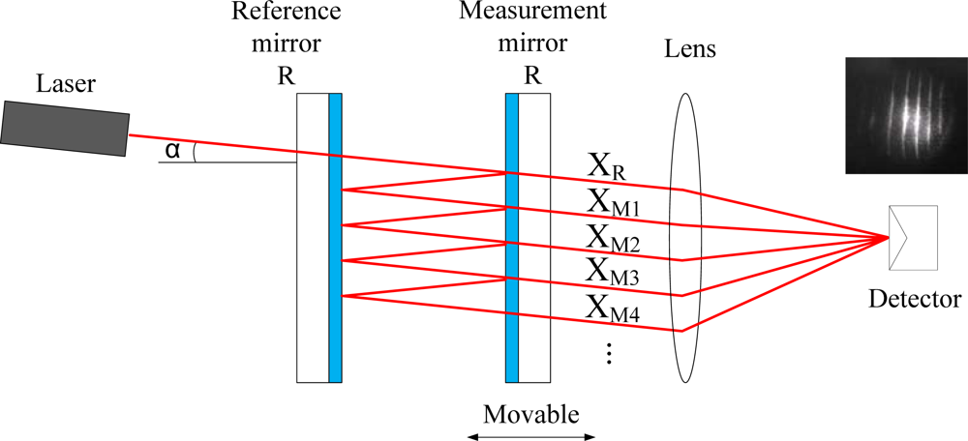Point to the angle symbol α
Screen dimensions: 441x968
[x=173, y=150]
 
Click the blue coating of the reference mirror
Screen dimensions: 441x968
[x=335, y=237]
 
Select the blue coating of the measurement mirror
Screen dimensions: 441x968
[x=512, y=237]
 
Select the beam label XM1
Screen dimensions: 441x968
[x=612, y=203]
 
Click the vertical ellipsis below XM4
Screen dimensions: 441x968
[x=609, y=355]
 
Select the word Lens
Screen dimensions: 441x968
[x=689, y=48]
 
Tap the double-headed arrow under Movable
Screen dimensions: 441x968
[x=530, y=436]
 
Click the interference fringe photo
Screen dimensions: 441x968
[x=900, y=115]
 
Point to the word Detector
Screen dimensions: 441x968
[x=915, y=299]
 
